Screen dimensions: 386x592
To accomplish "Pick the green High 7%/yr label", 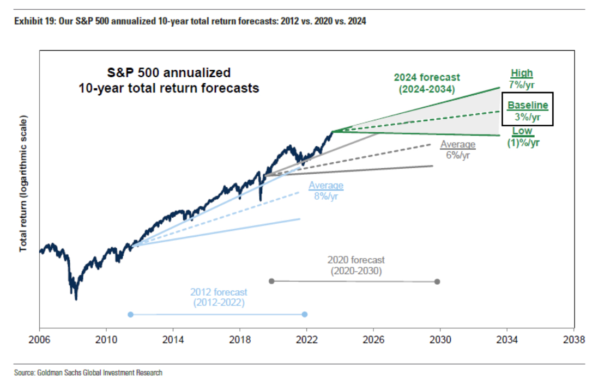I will (522, 78).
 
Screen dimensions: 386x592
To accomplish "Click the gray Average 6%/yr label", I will (458, 150).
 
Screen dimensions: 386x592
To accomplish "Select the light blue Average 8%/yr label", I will (326, 191).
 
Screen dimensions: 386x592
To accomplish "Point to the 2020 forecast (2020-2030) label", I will (356, 265).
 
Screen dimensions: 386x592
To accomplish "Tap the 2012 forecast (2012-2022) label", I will (219, 297).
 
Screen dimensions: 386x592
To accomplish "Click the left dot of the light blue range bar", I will (130, 314).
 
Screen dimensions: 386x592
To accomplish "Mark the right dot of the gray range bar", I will (437, 281).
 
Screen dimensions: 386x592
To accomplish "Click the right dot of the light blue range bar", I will (305, 314).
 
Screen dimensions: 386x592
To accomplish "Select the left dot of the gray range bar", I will (271, 281).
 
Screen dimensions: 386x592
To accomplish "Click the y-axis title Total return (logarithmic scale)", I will (23, 183).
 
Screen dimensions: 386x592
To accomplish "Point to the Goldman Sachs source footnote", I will (88, 373).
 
